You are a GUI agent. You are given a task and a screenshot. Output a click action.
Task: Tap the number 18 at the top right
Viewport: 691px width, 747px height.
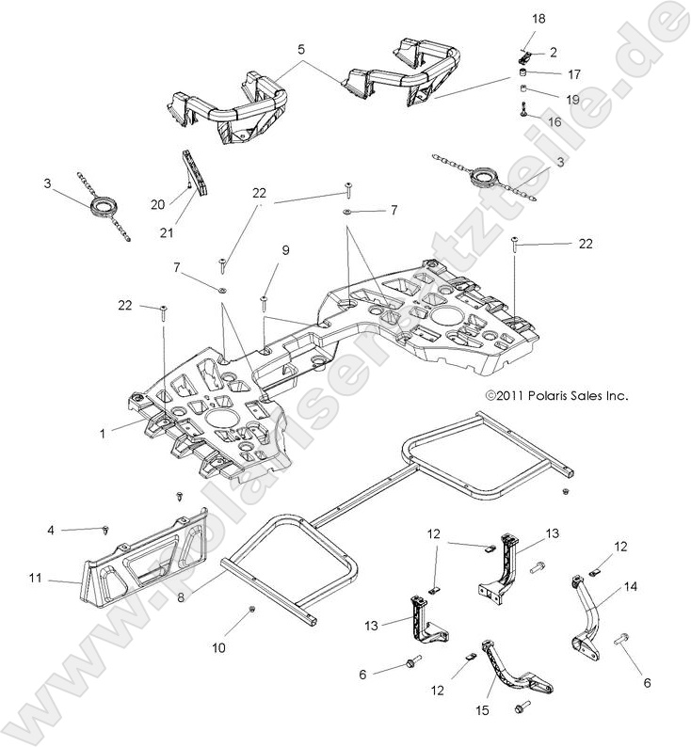pos(538,19)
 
